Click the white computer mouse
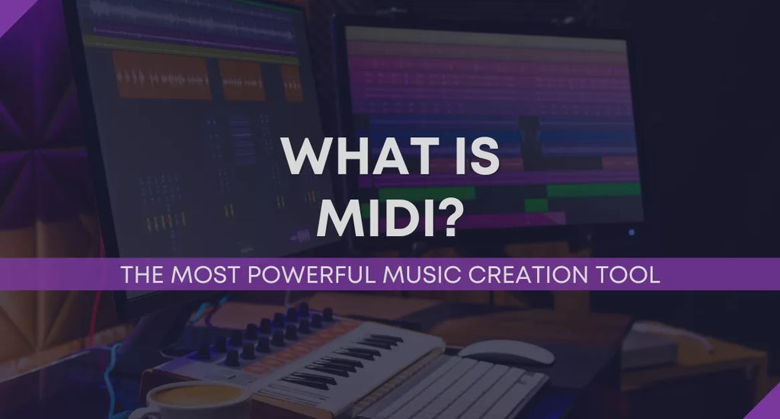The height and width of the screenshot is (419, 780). [507, 351]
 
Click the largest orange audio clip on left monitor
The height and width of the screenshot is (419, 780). [161, 75]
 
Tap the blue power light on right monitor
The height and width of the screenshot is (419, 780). [631, 232]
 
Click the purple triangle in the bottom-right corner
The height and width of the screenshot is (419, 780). [769, 408]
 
